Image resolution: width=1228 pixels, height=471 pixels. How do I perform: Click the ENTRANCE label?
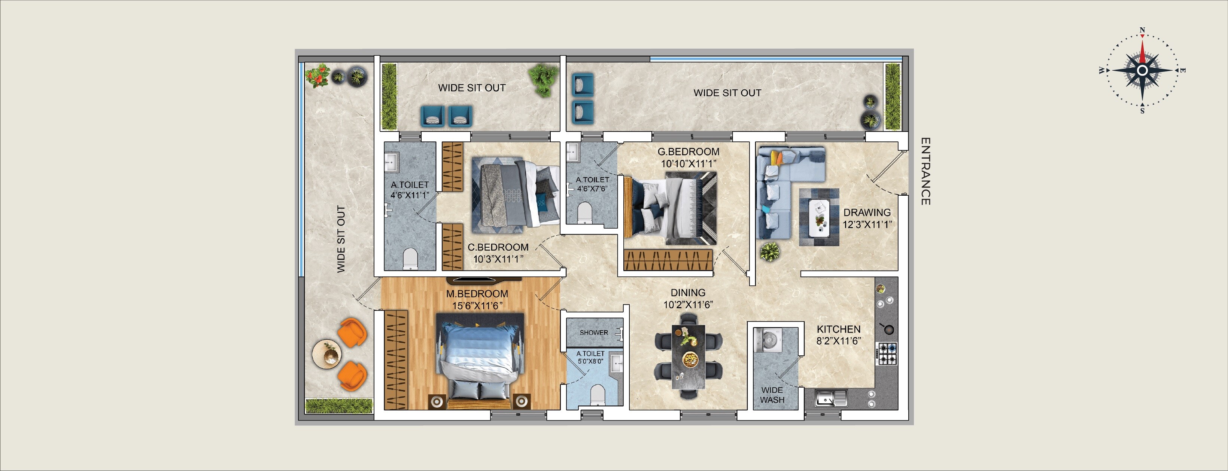click(x=925, y=171)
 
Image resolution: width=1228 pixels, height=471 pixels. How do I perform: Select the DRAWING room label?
click(x=867, y=212)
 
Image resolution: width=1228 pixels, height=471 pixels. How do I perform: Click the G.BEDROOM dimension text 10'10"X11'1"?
click(x=689, y=164)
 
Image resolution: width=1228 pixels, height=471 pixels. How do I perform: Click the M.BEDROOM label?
click(x=477, y=294)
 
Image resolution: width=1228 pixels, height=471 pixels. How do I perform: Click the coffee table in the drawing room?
click(x=820, y=217)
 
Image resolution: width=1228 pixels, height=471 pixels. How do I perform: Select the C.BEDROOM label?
click(x=498, y=247)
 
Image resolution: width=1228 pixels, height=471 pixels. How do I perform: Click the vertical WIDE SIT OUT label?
click(x=341, y=239)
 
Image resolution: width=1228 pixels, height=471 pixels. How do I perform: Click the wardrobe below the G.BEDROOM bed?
click(x=668, y=260)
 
